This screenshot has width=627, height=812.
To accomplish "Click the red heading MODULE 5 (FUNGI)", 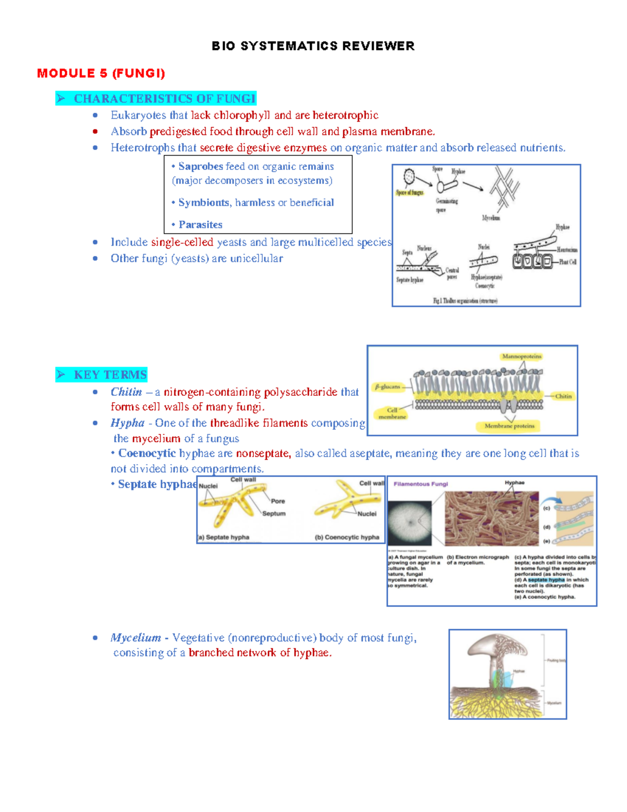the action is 101,73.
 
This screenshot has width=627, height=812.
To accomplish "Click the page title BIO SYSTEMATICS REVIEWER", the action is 313,46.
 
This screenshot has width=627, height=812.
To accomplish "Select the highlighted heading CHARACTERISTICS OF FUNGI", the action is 164,98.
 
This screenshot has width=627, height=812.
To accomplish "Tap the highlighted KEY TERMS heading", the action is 110,374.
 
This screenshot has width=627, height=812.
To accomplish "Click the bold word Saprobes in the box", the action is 201,166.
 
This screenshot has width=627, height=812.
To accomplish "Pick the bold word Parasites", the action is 200,224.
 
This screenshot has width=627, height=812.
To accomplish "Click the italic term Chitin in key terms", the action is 126,392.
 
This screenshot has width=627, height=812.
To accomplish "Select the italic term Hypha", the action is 127,422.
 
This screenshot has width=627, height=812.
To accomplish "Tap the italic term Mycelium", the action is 135,637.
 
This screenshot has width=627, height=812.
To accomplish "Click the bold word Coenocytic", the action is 147,453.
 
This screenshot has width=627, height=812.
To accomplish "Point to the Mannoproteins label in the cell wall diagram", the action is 521,357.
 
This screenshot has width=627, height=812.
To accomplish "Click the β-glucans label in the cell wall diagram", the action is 387,387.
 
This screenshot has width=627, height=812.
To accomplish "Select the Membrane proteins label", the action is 509,426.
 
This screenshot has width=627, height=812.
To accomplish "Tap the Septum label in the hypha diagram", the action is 274,513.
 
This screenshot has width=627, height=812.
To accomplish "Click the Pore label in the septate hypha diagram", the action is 277,501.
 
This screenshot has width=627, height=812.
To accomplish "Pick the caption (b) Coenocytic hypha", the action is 347,537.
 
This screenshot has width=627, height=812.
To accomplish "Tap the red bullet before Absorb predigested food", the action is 95,131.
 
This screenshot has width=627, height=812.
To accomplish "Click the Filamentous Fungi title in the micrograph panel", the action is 421,484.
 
